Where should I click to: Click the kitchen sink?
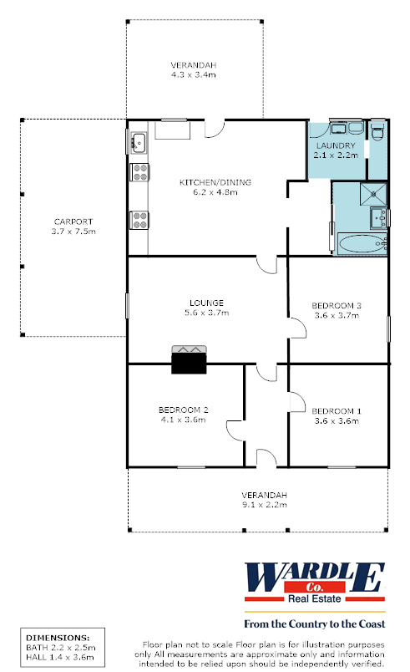tap(139, 144)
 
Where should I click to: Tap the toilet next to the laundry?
tap(377, 132)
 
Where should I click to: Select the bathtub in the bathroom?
tap(360, 245)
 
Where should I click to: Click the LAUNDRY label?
tap(336, 145)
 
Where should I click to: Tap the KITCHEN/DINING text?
tap(215, 182)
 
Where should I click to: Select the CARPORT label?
tap(74, 221)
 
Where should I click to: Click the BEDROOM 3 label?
tap(337, 306)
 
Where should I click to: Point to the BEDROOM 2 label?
tap(183, 410)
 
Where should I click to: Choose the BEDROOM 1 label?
tap(337, 410)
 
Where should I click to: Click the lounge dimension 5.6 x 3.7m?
tap(207, 313)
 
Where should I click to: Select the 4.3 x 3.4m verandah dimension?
tap(193, 75)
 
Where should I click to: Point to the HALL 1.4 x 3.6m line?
tap(60, 658)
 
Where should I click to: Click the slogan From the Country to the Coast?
tap(313, 624)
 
